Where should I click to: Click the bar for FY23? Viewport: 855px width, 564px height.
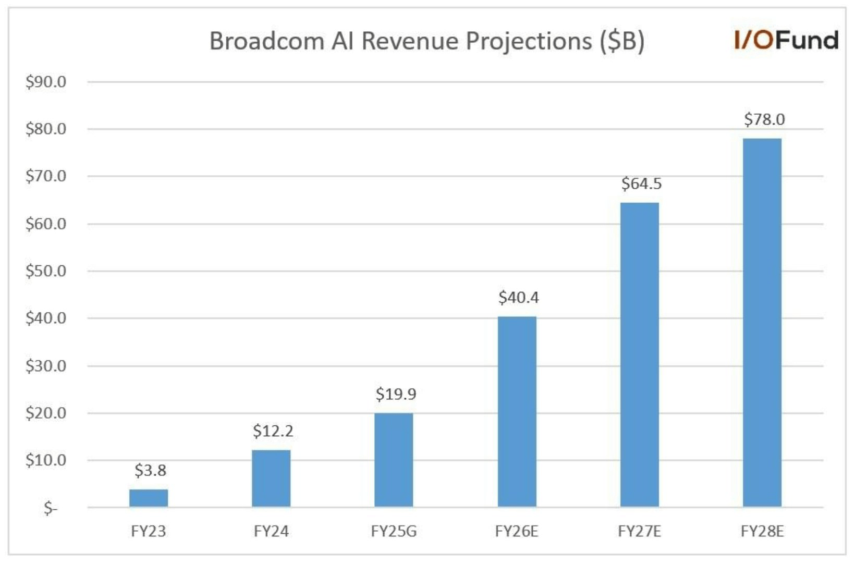click(x=149, y=498)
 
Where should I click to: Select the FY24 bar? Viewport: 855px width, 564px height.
click(x=271, y=478)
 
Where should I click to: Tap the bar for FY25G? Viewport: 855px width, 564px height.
click(x=394, y=460)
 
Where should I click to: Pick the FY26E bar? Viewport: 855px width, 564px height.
click(x=517, y=411)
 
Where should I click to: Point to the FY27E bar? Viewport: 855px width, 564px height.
click(x=639, y=354)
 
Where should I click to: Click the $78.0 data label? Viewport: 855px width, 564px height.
click(x=764, y=119)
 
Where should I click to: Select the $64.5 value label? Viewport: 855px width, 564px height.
click(x=641, y=183)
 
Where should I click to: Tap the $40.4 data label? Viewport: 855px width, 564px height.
click(x=518, y=297)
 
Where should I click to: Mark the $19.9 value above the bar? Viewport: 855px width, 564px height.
click(x=396, y=394)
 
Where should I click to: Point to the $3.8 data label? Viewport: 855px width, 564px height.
click(x=150, y=470)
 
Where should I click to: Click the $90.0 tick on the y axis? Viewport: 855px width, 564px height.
click(x=46, y=82)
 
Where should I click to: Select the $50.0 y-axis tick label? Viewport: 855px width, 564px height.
click(x=46, y=271)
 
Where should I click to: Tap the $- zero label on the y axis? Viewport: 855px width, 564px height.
click(x=51, y=508)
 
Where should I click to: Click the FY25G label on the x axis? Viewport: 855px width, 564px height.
click(x=394, y=531)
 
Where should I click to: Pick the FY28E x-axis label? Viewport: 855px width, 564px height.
click(x=762, y=531)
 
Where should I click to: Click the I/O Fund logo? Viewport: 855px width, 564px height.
click(x=786, y=40)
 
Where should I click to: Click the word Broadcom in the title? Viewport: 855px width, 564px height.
click(x=266, y=41)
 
